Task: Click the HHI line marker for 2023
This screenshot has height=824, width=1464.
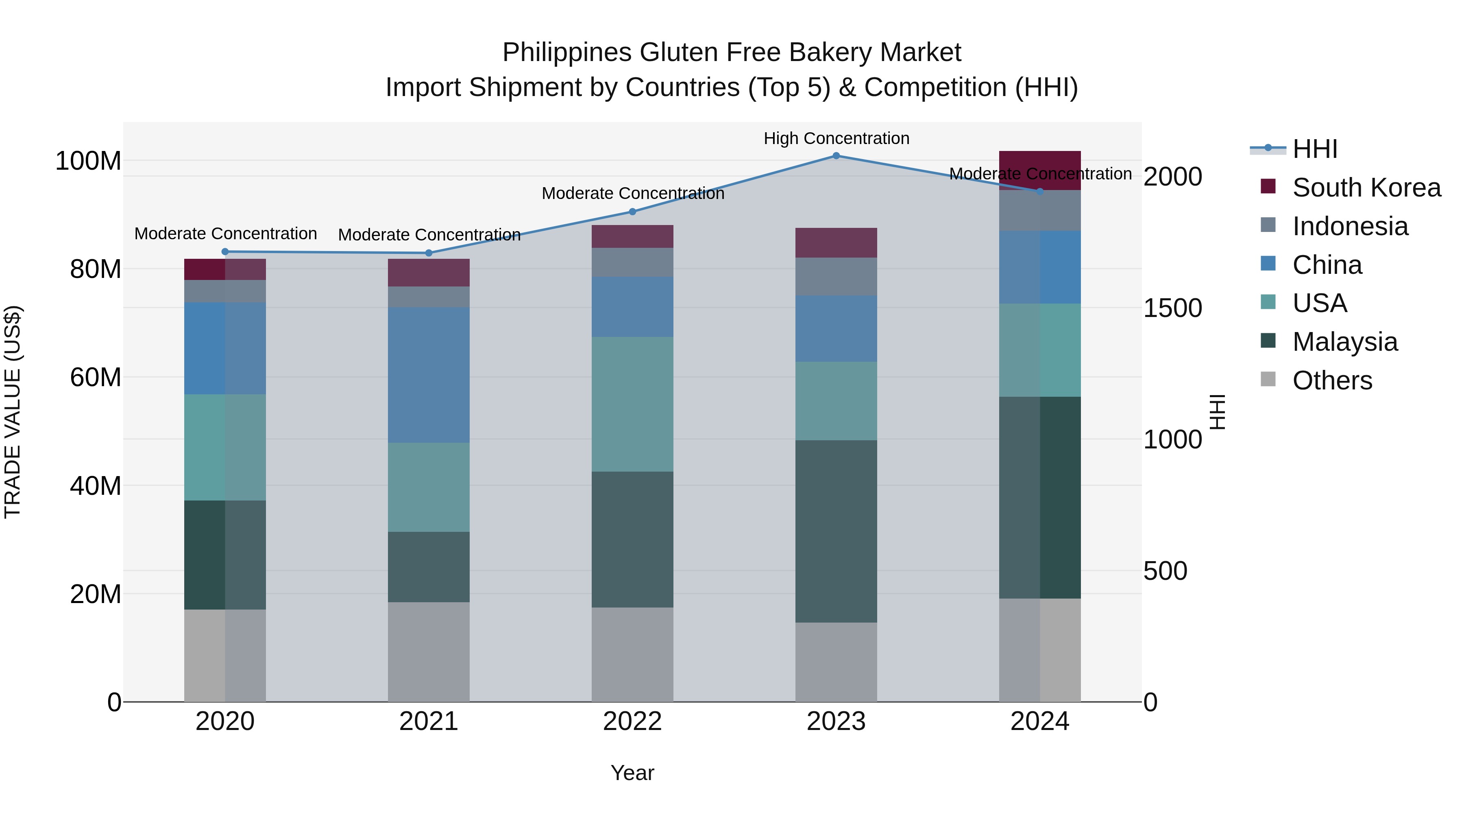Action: click(x=836, y=156)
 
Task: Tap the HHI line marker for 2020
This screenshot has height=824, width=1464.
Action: click(x=225, y=252)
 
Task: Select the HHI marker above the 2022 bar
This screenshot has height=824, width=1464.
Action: click(x=632, y=212)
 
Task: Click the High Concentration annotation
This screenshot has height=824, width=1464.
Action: click(x=836, y=139)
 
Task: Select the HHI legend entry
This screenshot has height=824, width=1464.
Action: click(x=1314, y=149)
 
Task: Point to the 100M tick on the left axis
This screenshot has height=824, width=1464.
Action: click(x=88, y=161)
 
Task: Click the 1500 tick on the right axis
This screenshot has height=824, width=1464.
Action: click(x=1172, y=308)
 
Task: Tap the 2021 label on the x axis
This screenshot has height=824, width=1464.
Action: click(x=429, y=721)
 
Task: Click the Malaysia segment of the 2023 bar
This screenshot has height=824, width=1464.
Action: click(x=836, y=531)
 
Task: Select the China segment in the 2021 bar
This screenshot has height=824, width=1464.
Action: click(x=429, y=375)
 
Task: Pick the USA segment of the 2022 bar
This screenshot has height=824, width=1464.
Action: click(x=632, y=404)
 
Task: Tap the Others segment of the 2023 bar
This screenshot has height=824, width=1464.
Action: click(x=836, y=662)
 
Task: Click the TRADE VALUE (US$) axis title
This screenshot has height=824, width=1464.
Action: click(x=13, y=412)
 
